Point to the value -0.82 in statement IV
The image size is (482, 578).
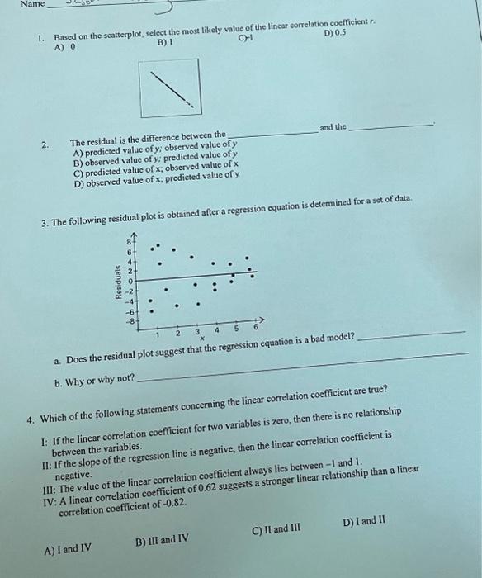point(163,501)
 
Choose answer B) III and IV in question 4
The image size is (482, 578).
point(162,540)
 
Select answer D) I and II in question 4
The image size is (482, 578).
point(361,521)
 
